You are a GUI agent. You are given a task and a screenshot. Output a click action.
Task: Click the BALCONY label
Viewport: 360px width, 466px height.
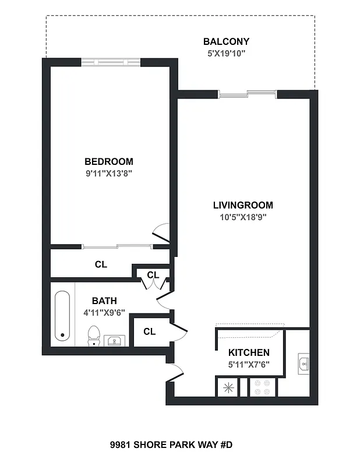click(226, 41)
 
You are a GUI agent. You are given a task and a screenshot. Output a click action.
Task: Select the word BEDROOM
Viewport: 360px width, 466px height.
click(108, 161)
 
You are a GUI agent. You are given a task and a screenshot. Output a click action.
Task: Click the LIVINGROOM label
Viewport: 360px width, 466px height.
click(242, 205)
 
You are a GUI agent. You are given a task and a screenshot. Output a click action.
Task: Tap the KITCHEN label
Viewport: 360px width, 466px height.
click(248, 352)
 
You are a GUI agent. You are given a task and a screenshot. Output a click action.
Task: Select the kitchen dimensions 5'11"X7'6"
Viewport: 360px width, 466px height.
click(248, 365)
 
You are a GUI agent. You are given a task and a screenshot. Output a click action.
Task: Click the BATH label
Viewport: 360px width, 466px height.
click(104, 301)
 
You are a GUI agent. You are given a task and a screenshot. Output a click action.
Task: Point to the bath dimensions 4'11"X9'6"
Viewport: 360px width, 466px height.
click(104, 312)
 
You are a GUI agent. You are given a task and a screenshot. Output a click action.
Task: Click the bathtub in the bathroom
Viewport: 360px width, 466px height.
click(62, 316)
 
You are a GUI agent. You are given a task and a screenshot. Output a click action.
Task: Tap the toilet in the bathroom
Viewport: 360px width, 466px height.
click(93, 336)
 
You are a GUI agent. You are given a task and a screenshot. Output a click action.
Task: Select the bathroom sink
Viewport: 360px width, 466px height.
click(115, 340)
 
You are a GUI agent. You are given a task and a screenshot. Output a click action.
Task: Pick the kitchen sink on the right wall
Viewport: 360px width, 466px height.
click(303, 363)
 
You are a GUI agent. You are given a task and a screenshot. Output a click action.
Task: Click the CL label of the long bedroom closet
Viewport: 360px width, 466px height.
click(101, 264)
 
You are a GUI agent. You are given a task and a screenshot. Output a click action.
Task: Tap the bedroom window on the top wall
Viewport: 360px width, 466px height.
click(110, 62)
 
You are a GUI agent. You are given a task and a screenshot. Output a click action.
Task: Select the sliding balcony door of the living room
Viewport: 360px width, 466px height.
click(248, 93)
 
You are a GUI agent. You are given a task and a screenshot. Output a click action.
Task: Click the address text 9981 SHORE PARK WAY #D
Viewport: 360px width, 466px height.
click(171, 445)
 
